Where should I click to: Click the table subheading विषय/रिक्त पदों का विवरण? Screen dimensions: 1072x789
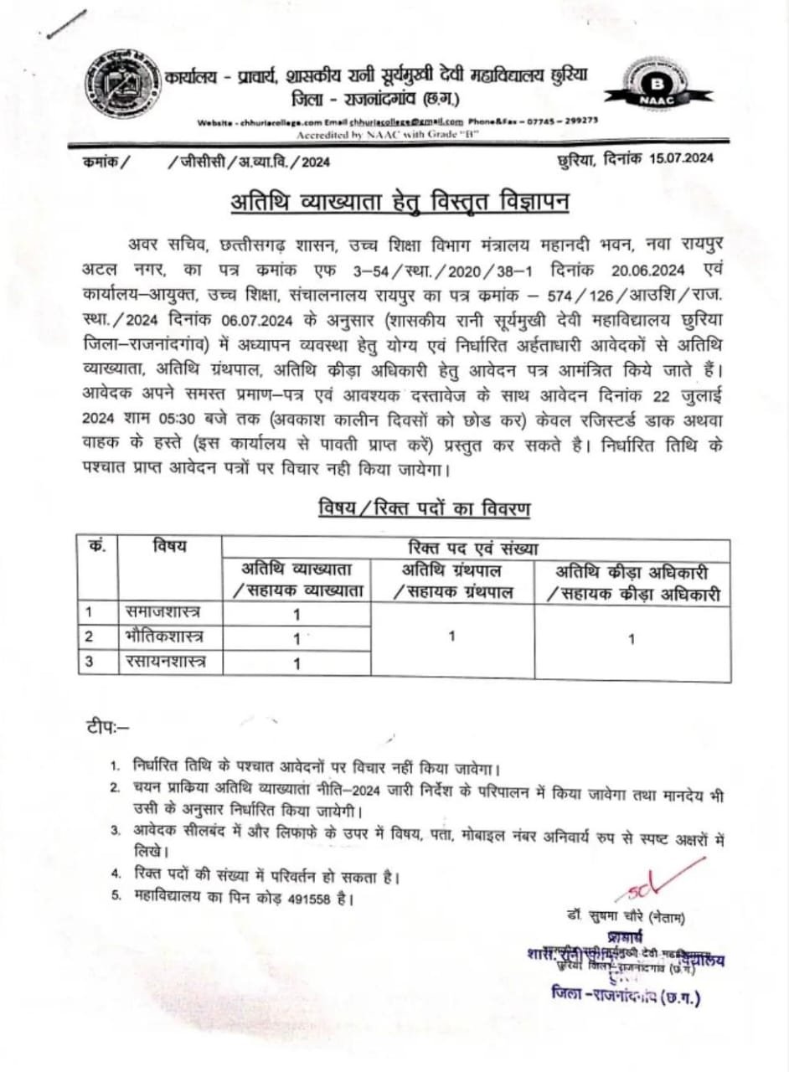coord(425,508)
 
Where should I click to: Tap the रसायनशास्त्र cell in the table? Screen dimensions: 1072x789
coord(164,662)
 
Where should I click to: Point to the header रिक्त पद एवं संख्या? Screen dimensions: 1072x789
coord(474,549)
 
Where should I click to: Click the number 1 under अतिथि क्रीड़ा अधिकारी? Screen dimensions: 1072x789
coord(632,640)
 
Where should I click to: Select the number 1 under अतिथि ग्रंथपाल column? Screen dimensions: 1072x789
coord(451,637)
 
